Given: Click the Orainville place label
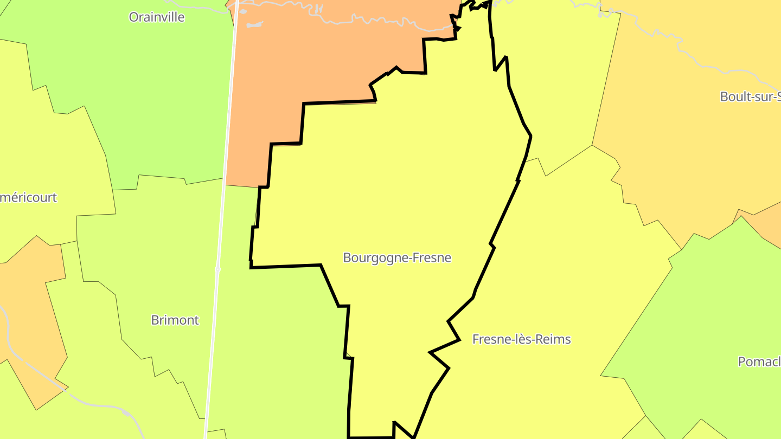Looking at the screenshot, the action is point(156,17).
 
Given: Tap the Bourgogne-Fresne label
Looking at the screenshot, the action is point(397,257).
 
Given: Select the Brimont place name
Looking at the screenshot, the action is point(175,320).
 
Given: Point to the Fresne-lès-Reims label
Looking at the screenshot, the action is point(521,339).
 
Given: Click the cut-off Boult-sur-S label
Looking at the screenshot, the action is point(750,96).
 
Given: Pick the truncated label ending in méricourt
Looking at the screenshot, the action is point(28,197).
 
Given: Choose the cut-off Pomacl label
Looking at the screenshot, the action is point(759,361).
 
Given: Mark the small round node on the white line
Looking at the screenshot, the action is point(217,268).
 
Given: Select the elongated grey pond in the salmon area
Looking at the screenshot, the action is point(255,24).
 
